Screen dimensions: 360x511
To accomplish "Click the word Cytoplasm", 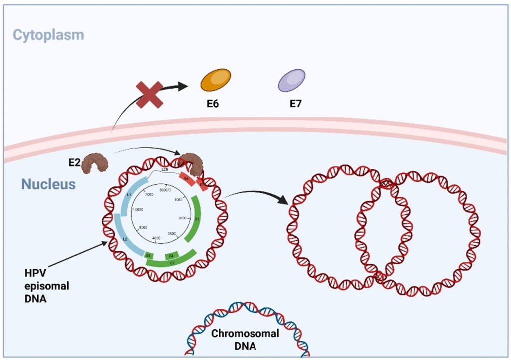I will coord(48,35).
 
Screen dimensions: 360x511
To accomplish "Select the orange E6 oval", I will coord(216,80).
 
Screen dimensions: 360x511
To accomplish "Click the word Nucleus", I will coord(48,184).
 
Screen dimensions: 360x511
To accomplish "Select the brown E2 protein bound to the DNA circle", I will coord(190,164).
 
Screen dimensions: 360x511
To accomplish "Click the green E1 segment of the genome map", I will coord(196,220).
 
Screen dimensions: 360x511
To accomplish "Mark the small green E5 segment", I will coord(148,256).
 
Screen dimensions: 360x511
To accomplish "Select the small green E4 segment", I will coord(171,256).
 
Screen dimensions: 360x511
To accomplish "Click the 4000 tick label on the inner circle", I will coord(156,238).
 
